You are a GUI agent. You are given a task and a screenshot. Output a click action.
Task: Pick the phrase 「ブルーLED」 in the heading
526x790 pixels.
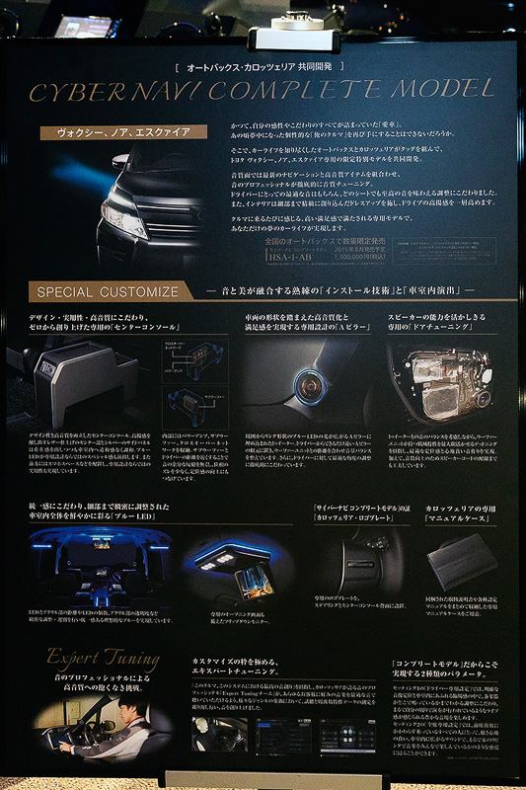click(159, 519)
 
